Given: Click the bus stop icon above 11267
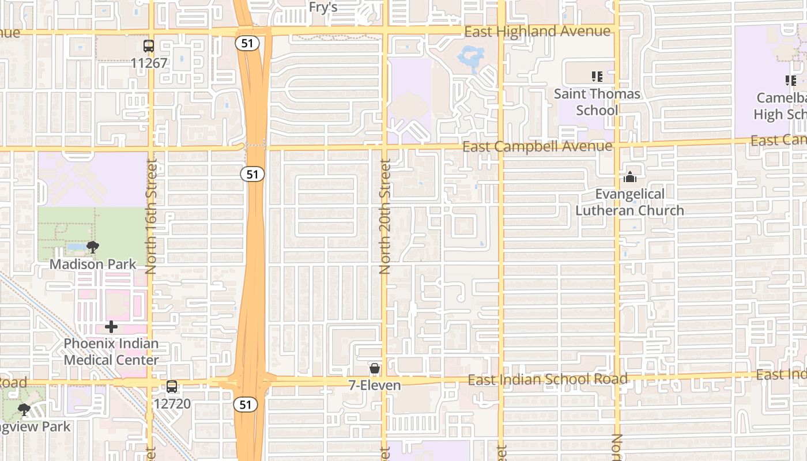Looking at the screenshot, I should (149, 46).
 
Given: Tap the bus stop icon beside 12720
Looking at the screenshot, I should (172, 387).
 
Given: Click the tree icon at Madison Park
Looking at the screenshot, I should (92, 248).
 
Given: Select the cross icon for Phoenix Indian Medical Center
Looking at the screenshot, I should (111, 327).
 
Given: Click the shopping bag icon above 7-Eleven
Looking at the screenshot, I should (375, 368).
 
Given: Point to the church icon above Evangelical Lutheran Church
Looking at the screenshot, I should (630, 177).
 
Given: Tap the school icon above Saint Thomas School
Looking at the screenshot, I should (597, 76).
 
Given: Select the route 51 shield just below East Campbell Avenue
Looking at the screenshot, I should (252, 173).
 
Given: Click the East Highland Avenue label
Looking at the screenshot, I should (537, 31).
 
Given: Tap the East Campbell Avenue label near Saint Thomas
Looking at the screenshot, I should (537, 146).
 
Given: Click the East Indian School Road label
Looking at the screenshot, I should (548, 379).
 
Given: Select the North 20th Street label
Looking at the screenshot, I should (385, 216).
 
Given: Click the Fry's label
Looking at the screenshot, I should (323, 7).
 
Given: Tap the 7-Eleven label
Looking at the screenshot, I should (375, 385).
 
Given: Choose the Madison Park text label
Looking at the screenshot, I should (93, 264).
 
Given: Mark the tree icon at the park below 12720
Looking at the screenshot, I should (24, 410).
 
